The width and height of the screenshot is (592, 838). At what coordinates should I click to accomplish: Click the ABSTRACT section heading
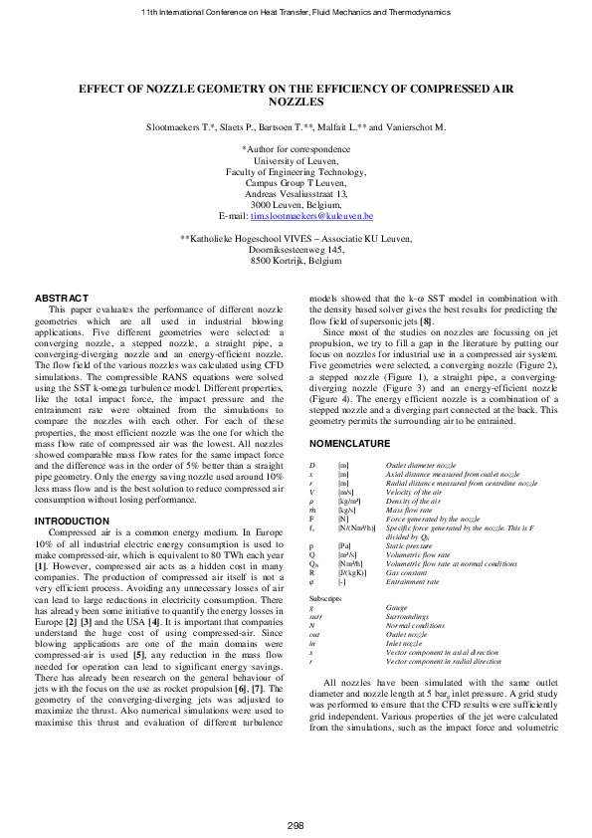click(x=62, y=299)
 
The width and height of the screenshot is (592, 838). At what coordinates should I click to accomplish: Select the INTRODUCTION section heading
click(x=72, y=521)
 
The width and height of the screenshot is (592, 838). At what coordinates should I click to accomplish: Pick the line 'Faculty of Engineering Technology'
click(x=296, y=170)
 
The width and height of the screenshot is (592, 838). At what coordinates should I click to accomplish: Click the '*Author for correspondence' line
click(x=296, y=147)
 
